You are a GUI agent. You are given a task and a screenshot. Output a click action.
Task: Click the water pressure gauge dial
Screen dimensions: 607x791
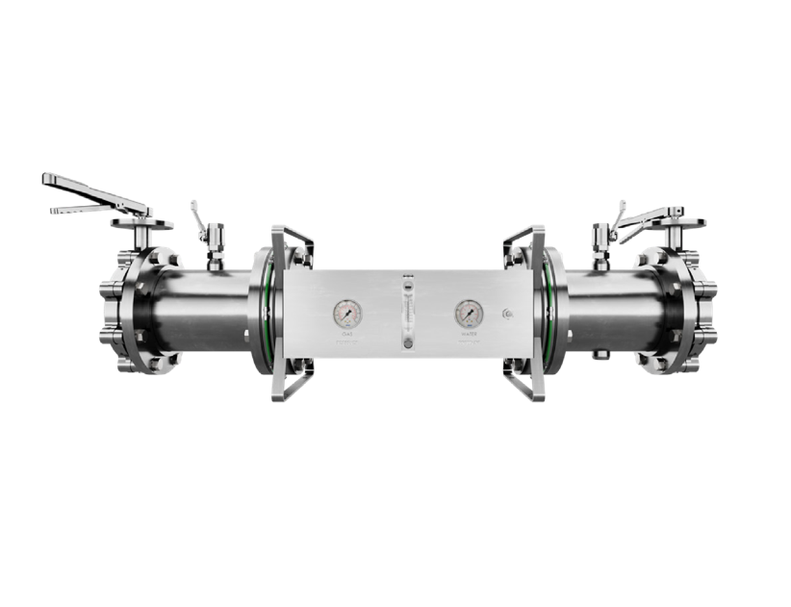point(469,313)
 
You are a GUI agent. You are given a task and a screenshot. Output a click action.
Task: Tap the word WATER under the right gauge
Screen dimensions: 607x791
point(469,335)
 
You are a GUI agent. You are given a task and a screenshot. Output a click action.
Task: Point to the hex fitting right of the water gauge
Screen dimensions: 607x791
point(507,313)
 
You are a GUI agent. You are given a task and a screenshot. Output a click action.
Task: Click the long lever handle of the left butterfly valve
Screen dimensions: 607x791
point(91,190)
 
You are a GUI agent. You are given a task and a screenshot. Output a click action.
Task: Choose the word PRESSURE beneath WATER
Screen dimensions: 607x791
point(469,342)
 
